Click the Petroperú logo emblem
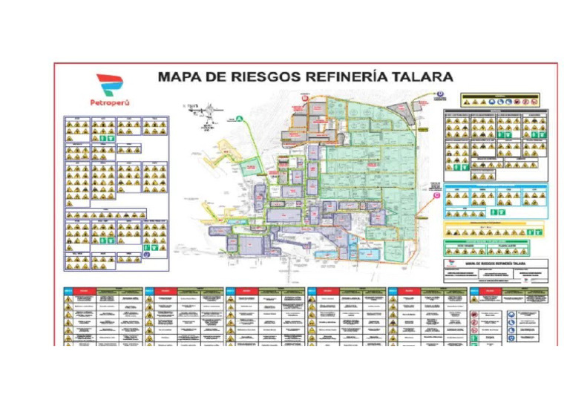click(x=108, y=84)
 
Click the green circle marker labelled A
click(x=240, y=117)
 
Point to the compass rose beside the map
click(x=210, y=110)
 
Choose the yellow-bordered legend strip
click(x=495, y=229)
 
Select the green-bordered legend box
click(x=495, y=247)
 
